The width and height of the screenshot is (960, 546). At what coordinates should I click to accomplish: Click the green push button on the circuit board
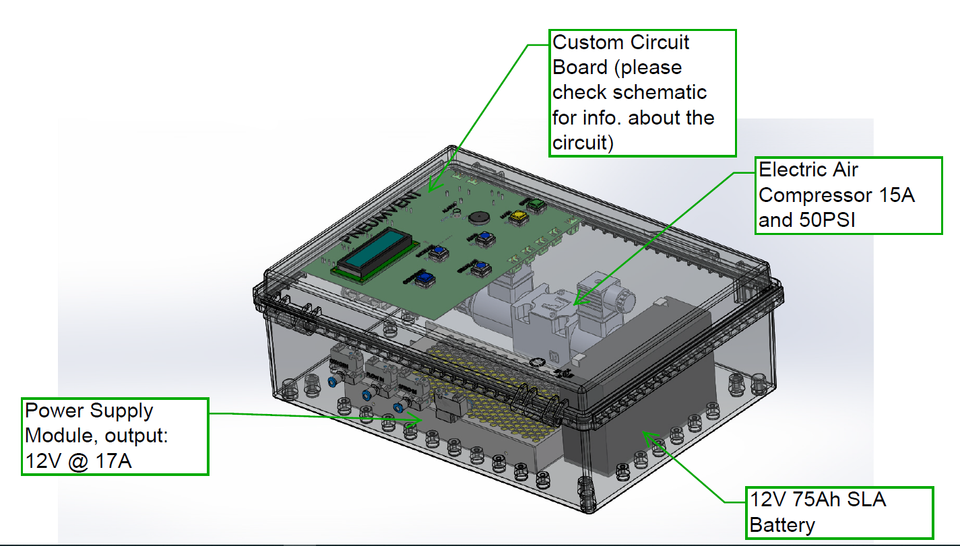pos(535,204)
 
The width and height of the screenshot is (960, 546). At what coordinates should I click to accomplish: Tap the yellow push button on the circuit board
pos(519,217)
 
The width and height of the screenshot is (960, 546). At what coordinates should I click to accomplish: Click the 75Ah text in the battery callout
pos(827,500)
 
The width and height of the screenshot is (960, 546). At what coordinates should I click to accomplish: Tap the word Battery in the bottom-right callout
pos(782,524)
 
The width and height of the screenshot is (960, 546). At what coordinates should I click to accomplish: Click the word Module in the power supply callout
pos(59,436)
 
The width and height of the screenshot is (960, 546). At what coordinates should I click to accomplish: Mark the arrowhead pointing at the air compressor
pos(579,300)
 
